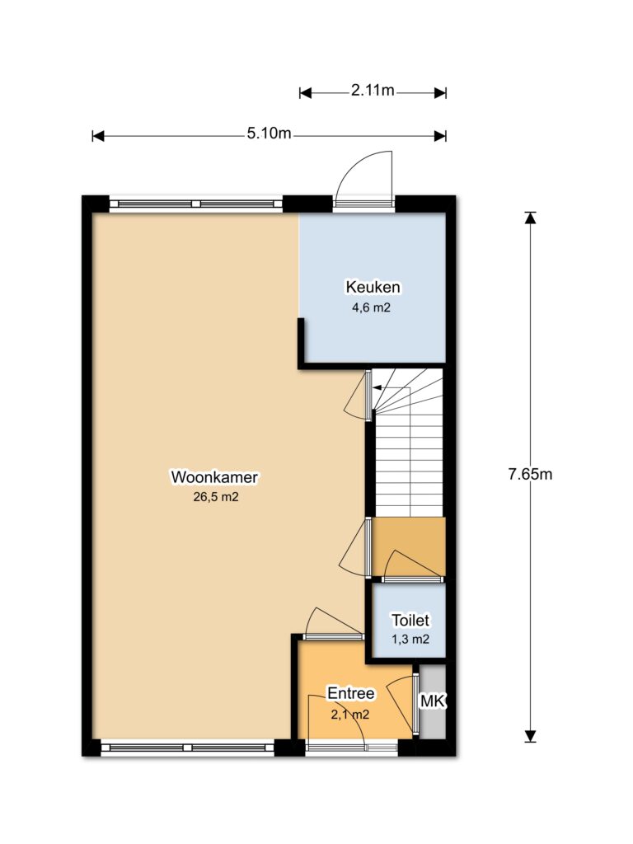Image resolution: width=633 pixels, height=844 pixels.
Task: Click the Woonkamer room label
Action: pyautogui.click(x=214, y=477)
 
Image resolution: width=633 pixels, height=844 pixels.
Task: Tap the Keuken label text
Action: pyautogui.click(x=373, y=287)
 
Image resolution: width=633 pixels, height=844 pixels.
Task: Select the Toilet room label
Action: pyautogui.click(x=410, y=620)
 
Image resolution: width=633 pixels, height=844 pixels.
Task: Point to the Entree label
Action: pyautogui.click(x=351, y=693)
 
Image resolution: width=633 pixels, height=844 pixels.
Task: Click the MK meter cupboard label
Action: pyautogui.click(x=433, y=701)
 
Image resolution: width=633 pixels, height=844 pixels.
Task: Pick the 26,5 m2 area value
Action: pyautogui.click(x=215, y=497)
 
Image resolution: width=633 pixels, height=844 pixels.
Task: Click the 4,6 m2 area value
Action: pyautogui.click(x=371, y=308)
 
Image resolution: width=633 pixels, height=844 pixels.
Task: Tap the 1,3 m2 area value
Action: pyautogui.click(x=410, y=640)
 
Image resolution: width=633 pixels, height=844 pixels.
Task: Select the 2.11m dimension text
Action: pyautogui.click(x=373, y=91)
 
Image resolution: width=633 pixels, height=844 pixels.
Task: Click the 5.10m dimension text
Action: pyautogui.click(x=269, y=133)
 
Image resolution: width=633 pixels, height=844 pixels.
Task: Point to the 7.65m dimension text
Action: pyautogui.click(x=530, y=474)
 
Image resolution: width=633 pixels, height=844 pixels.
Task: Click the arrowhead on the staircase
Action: pyautogui.click(x=377, y=387)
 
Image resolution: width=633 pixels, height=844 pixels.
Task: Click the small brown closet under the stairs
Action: pyautogui.click(x=409, y=547)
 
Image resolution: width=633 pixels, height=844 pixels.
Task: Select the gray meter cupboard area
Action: pyautogui.click(x=433, y=701)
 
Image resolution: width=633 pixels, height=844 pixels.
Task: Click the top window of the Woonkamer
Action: pyautogui.click(x=196, y=204)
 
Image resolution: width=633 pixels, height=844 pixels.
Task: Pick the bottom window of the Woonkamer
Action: pyautogui.click(x=187, y=748)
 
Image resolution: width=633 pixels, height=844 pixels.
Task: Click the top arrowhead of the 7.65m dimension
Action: pyautogui.click(x=531, y=217)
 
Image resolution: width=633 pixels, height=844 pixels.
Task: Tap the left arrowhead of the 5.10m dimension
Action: pyautogui.click(x=97, y=136)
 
